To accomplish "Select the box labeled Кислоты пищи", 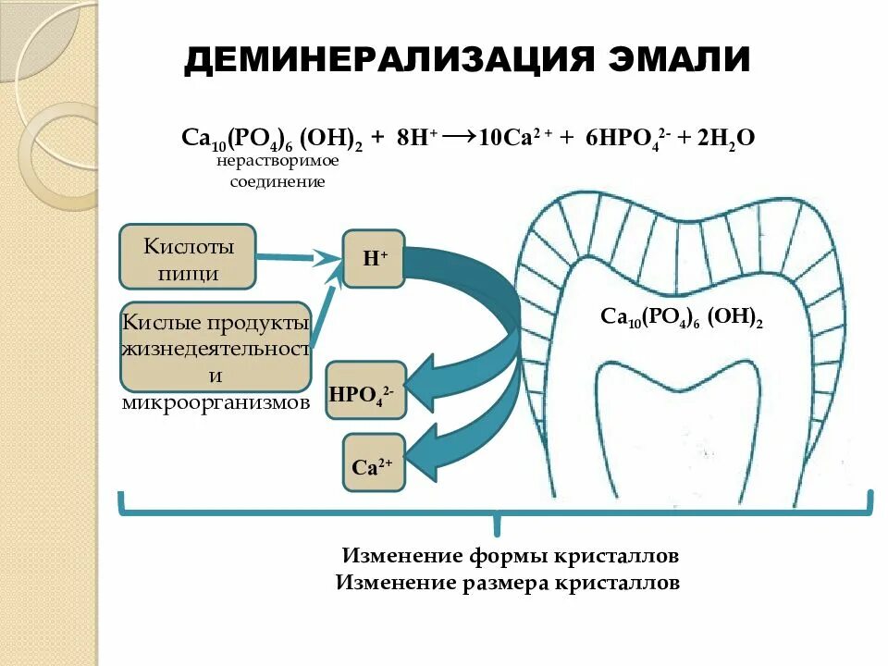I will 187,256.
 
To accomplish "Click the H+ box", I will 374,259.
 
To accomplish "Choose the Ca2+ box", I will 374,463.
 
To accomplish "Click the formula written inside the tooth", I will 681,317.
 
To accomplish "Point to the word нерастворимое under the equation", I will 278,161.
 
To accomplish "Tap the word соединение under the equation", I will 277,181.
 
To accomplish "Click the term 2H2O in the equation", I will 726,138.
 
